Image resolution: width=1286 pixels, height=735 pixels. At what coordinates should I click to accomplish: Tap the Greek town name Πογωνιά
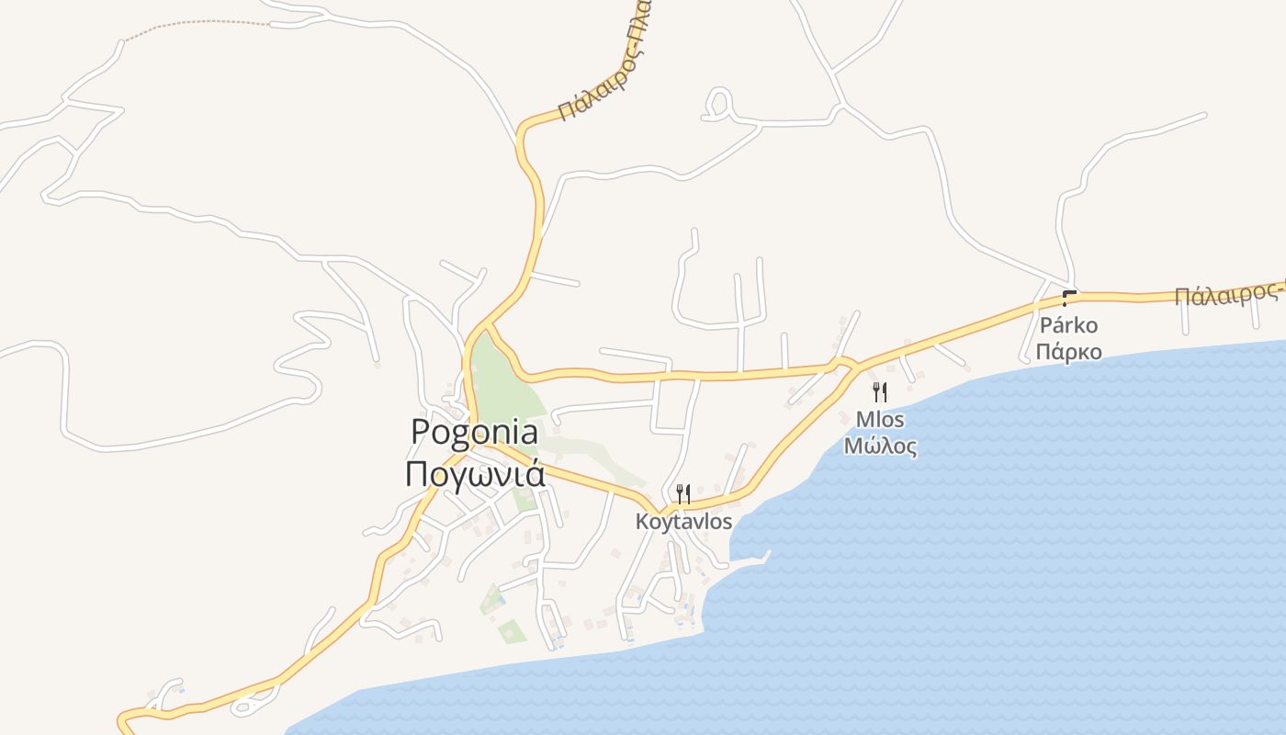click(474, 474)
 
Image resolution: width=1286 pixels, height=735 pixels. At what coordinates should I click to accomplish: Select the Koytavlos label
click(683, 522)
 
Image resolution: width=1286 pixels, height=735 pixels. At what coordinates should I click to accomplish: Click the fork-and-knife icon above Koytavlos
click(682, 494)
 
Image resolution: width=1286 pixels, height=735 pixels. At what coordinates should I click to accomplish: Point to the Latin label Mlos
click(880, 420)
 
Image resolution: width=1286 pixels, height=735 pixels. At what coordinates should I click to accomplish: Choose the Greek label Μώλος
click(880, 447)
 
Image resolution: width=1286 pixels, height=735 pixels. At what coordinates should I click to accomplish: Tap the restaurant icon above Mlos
click(880, 392)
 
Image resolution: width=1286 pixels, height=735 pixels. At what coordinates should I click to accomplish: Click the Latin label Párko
click(1068, 325)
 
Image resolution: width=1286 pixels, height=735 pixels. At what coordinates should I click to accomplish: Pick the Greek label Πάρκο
click(1068, 352)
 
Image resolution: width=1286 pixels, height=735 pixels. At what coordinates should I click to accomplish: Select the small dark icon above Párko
click(1068, 298)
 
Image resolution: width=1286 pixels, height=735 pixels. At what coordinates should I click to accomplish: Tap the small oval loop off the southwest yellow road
click(244, 706)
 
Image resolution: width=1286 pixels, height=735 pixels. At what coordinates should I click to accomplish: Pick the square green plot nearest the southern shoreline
click(512, 631)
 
